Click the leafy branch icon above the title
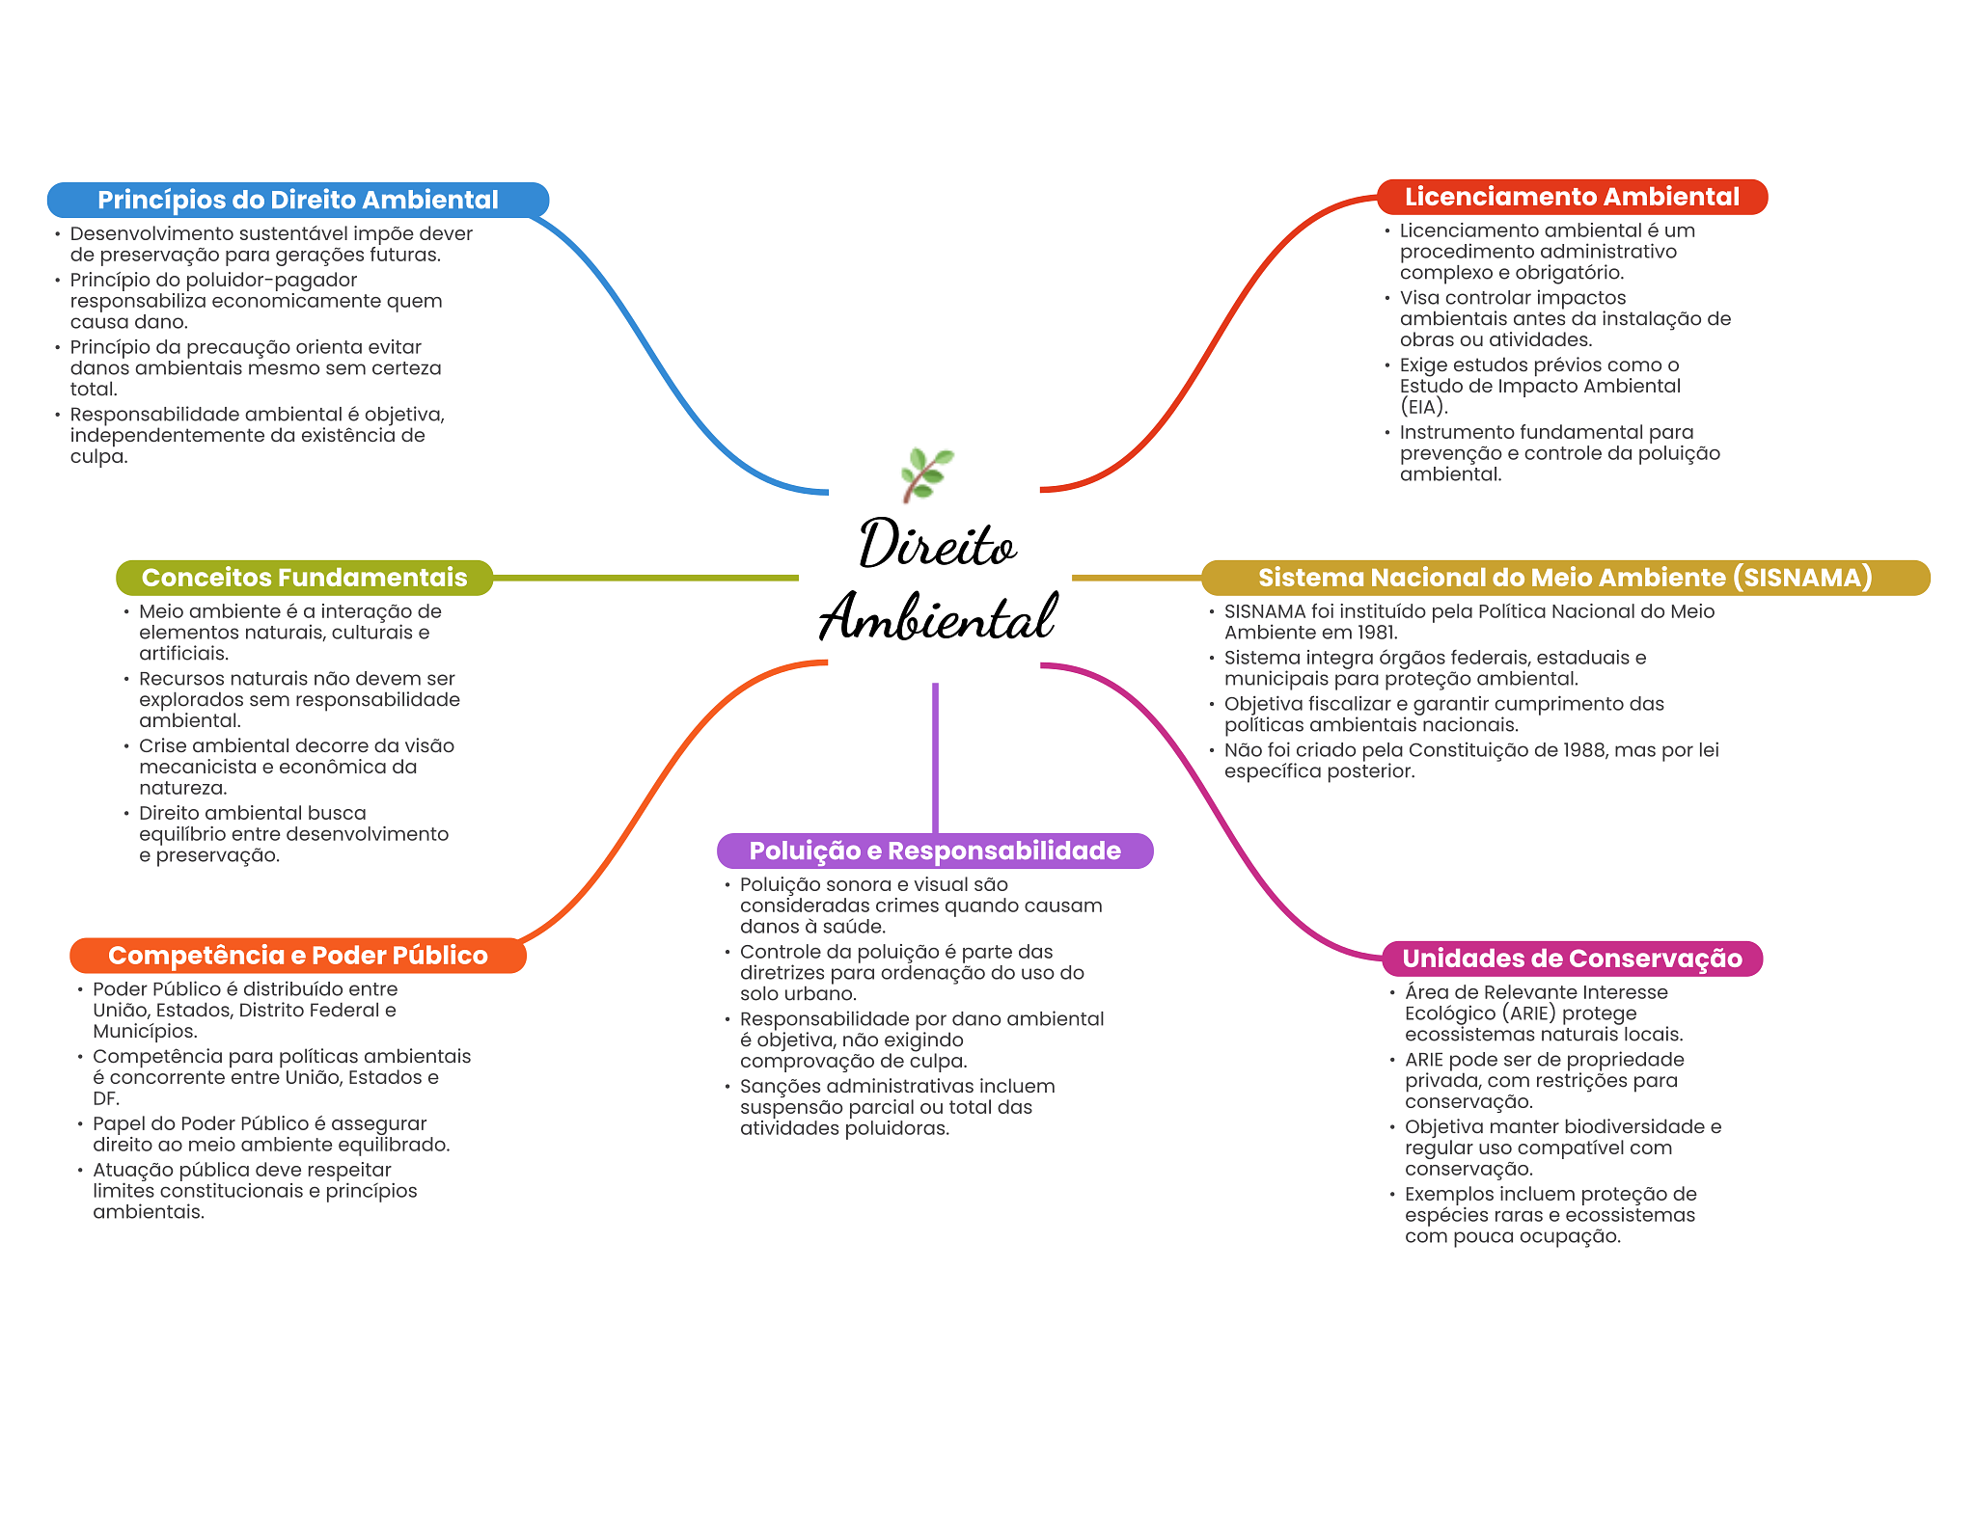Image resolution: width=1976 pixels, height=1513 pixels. click(x=926, y=474)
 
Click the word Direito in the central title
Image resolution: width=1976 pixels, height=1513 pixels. click(x=938, y=545)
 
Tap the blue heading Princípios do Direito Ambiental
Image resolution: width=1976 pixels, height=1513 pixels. click(x=298, y=200)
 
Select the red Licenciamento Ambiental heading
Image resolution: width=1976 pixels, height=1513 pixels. click(x=1572, y=197)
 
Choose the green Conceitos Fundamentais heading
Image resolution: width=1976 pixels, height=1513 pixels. click(x=304, y=578)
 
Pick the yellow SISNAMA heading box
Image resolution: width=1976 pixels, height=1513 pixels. click(x=1565, y=578)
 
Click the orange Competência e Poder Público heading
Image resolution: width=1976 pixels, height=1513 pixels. click(x=298, y=956)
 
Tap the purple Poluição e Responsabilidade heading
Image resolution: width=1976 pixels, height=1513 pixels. click(x=935, y=851)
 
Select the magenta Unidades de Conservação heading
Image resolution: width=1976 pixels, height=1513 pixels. click(x=1572, y=959)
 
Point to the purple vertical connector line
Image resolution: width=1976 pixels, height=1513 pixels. click(x=935, y=758)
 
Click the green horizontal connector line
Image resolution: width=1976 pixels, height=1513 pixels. click(x=645, y=578)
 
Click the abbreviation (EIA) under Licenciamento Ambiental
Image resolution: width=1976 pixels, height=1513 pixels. click(x=1424, y=407)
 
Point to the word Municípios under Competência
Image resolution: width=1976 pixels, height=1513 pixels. click(x=145, y=1032)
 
